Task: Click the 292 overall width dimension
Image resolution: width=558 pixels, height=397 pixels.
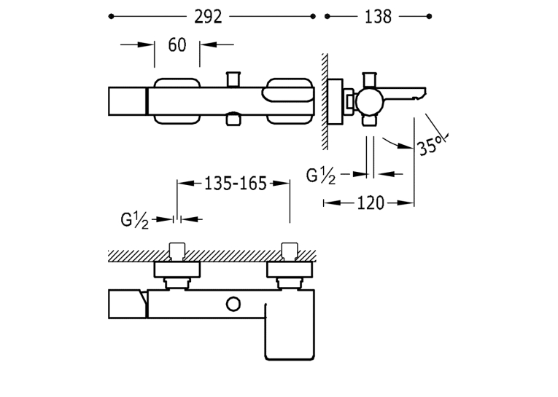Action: click(208, 17)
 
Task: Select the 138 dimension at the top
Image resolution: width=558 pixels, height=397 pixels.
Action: click(378, 17)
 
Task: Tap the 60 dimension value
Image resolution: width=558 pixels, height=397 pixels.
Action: click(177, 45)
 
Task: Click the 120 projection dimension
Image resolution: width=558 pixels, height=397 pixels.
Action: click(371, 203)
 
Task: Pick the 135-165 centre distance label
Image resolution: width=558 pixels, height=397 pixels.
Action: click(235, 184)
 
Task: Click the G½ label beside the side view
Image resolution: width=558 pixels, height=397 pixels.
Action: click(321, 176)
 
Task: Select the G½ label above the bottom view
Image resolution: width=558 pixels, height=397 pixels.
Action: click(134, 221)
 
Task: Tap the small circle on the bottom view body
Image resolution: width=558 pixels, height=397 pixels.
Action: click(233, 304)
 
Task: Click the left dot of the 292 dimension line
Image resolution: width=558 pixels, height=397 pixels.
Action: click(111, 16)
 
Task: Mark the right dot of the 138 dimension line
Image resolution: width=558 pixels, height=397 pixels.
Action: click(429, 16)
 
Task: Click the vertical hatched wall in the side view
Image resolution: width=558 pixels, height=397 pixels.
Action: click(325, 102)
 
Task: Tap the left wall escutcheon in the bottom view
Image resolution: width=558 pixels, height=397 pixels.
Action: click(177, 270)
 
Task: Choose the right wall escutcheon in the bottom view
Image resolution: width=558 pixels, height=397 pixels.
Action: click(290, 270)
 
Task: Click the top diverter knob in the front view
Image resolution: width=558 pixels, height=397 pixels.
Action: click(233, 79)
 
